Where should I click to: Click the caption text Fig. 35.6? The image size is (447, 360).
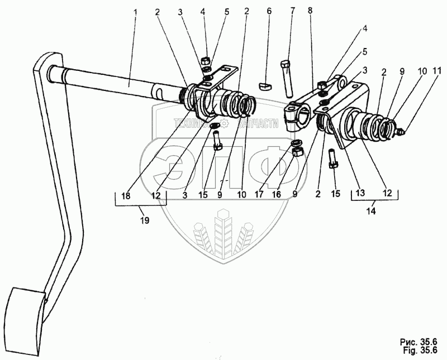tap(419, 350)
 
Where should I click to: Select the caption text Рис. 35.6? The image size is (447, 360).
tap(419, 342)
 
